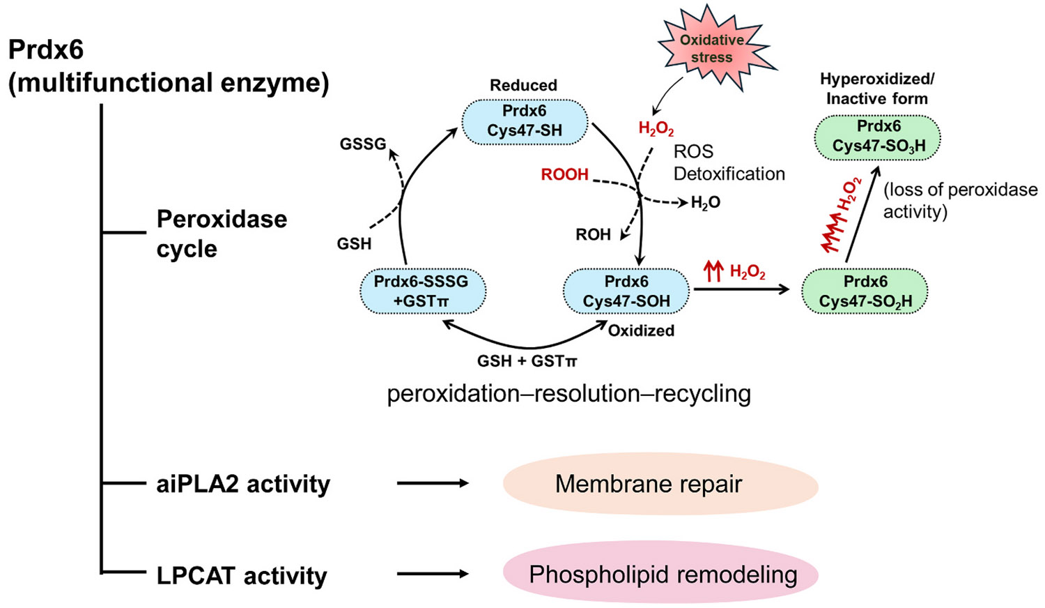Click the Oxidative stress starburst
tap(712, 49)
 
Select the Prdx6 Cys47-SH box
tap(525, 121)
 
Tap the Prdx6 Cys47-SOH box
tap(626, 291)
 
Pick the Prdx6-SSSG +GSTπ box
tap(423, 291)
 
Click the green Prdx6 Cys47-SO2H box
tap(865, 291)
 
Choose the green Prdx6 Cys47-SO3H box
tap(878, 138)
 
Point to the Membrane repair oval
tap(660, 484)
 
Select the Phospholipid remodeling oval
tap(660, 574)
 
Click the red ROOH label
tap(564, 174)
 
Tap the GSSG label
tap(363, 144)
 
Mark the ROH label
tap(593, 234)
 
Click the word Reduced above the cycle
tap(523, 86)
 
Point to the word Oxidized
tap(641, 330)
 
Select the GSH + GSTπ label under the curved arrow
tap(527, 361)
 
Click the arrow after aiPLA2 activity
tap(433, 483)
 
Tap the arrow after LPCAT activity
tap(433, 574)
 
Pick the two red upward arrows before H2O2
tap(713, 272)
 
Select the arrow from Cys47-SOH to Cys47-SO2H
tap(741, 289)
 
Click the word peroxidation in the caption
tap(454, 394)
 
